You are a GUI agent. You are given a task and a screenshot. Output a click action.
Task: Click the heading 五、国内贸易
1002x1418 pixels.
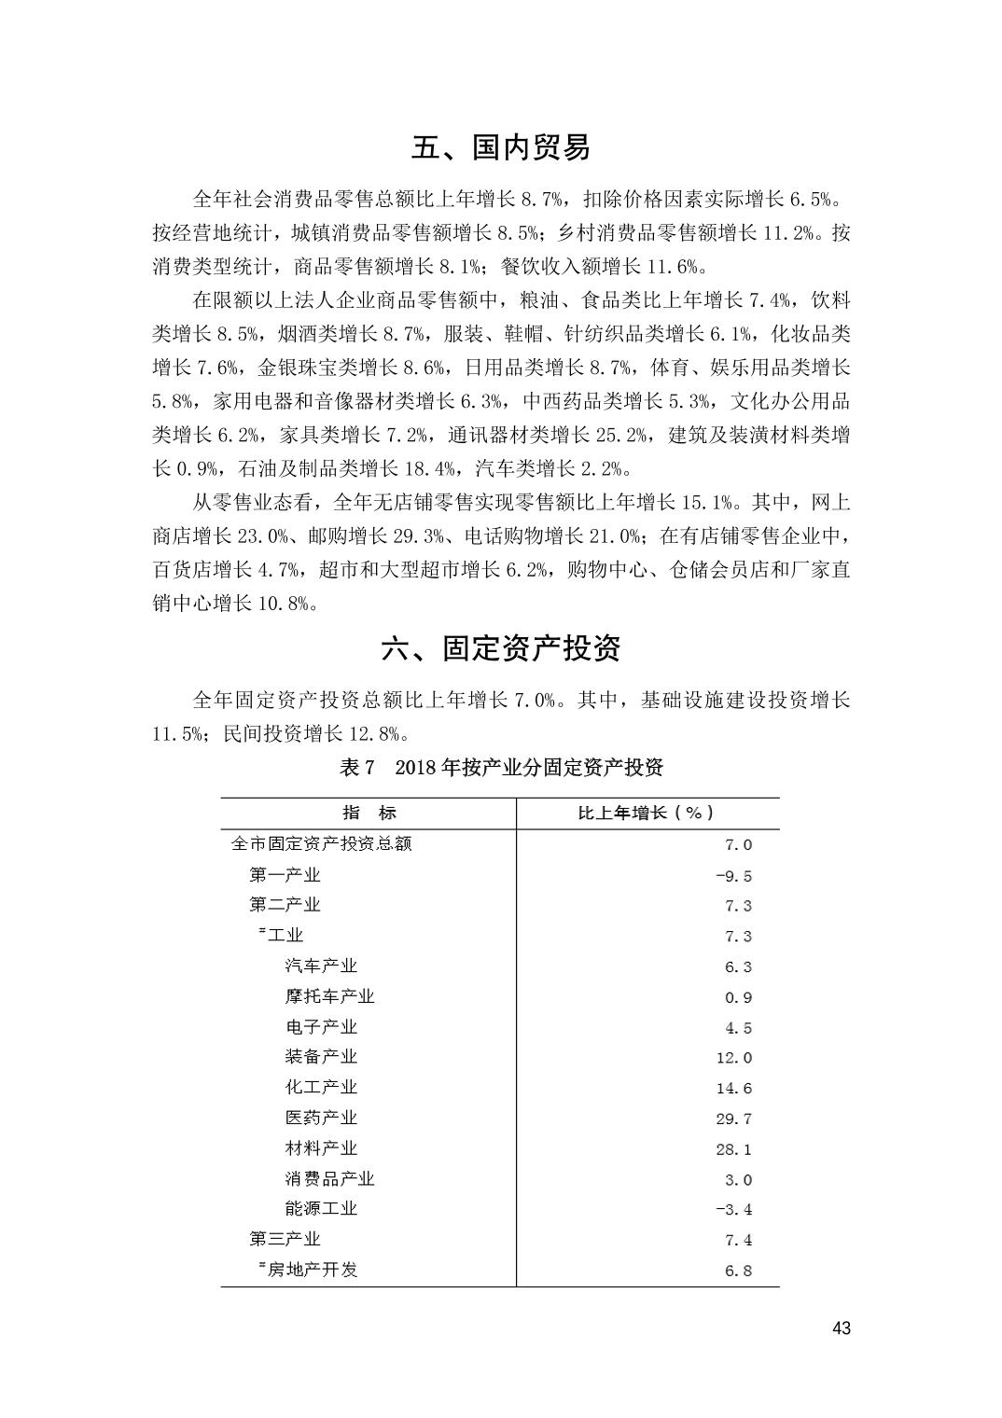coord(501,147)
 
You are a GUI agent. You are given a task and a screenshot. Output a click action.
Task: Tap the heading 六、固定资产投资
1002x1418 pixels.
coord(501,648)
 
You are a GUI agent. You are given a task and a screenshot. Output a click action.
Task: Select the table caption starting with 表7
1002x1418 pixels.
coord(501,768)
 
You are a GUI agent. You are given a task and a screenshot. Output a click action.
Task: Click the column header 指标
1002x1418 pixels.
coord(369,813)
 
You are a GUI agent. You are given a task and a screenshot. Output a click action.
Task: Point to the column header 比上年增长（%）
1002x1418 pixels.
coord(647,813)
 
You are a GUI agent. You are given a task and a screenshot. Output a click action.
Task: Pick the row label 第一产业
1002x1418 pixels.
coord(285,875)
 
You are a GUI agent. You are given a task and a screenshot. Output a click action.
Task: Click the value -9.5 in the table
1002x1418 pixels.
coord(733,876)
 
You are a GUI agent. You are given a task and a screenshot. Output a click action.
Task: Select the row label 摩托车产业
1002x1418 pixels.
coord(329,996)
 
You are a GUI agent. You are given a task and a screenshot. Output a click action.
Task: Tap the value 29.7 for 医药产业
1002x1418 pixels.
coord(733,1119)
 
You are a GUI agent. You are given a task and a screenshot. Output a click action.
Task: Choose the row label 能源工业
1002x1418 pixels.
coord(321,1208)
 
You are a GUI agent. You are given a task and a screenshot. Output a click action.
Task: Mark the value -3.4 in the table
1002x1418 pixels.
coord(733,1210)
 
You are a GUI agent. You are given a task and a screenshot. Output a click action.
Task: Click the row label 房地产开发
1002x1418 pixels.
coord(312,1269)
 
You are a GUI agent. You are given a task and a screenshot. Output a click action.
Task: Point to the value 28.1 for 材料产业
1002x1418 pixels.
coord(733,1149)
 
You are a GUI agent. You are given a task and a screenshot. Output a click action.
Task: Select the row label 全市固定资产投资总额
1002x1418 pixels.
coord(321,843)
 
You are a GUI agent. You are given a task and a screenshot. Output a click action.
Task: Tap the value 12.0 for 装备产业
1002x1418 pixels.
coord(733,1058)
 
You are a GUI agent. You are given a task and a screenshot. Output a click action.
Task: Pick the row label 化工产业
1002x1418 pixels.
coord(321,1087)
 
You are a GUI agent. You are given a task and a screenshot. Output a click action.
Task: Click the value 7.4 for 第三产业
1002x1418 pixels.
coord(738,1240)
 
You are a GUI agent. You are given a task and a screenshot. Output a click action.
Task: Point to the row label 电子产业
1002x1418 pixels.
coord(321,1026)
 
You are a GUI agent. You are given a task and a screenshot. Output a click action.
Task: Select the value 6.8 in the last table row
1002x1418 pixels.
coord(738,1271)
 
